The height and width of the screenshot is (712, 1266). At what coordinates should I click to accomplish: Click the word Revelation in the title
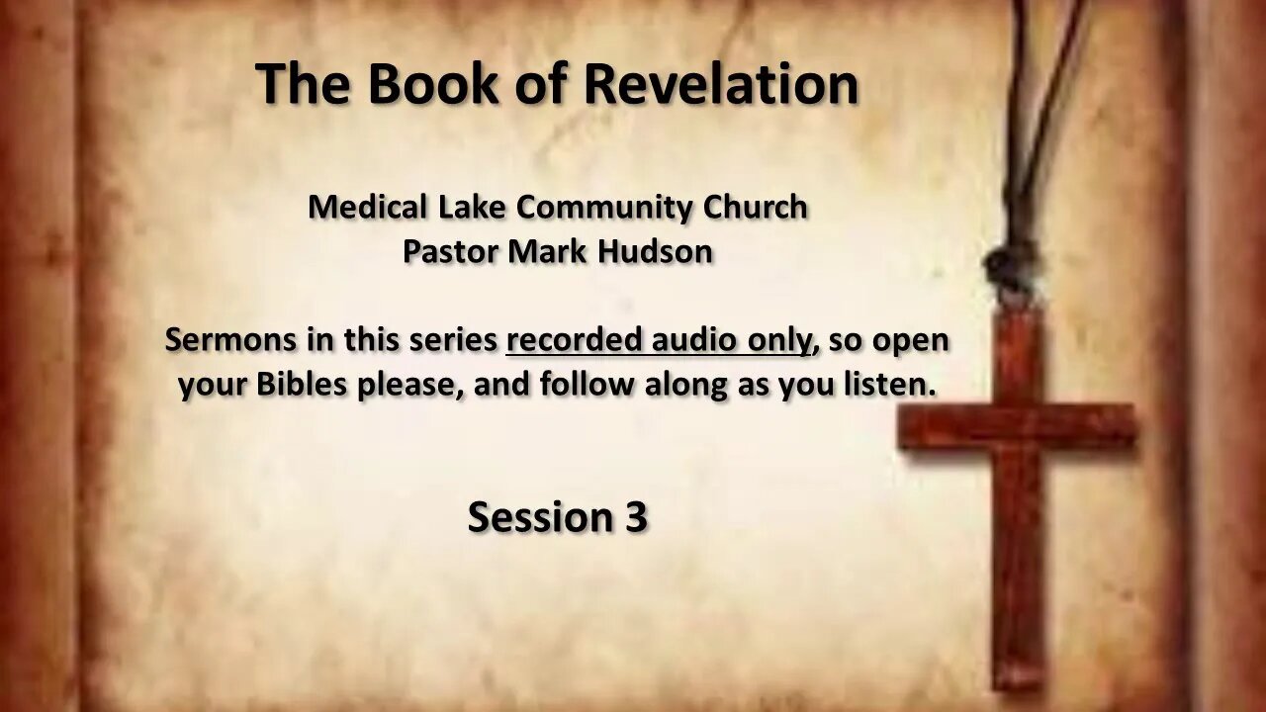point(721,83)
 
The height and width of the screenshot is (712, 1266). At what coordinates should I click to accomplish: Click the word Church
point(755,207)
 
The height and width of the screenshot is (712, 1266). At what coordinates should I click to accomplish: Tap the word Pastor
point(450,251)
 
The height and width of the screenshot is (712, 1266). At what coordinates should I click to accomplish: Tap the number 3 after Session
point(635,516)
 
